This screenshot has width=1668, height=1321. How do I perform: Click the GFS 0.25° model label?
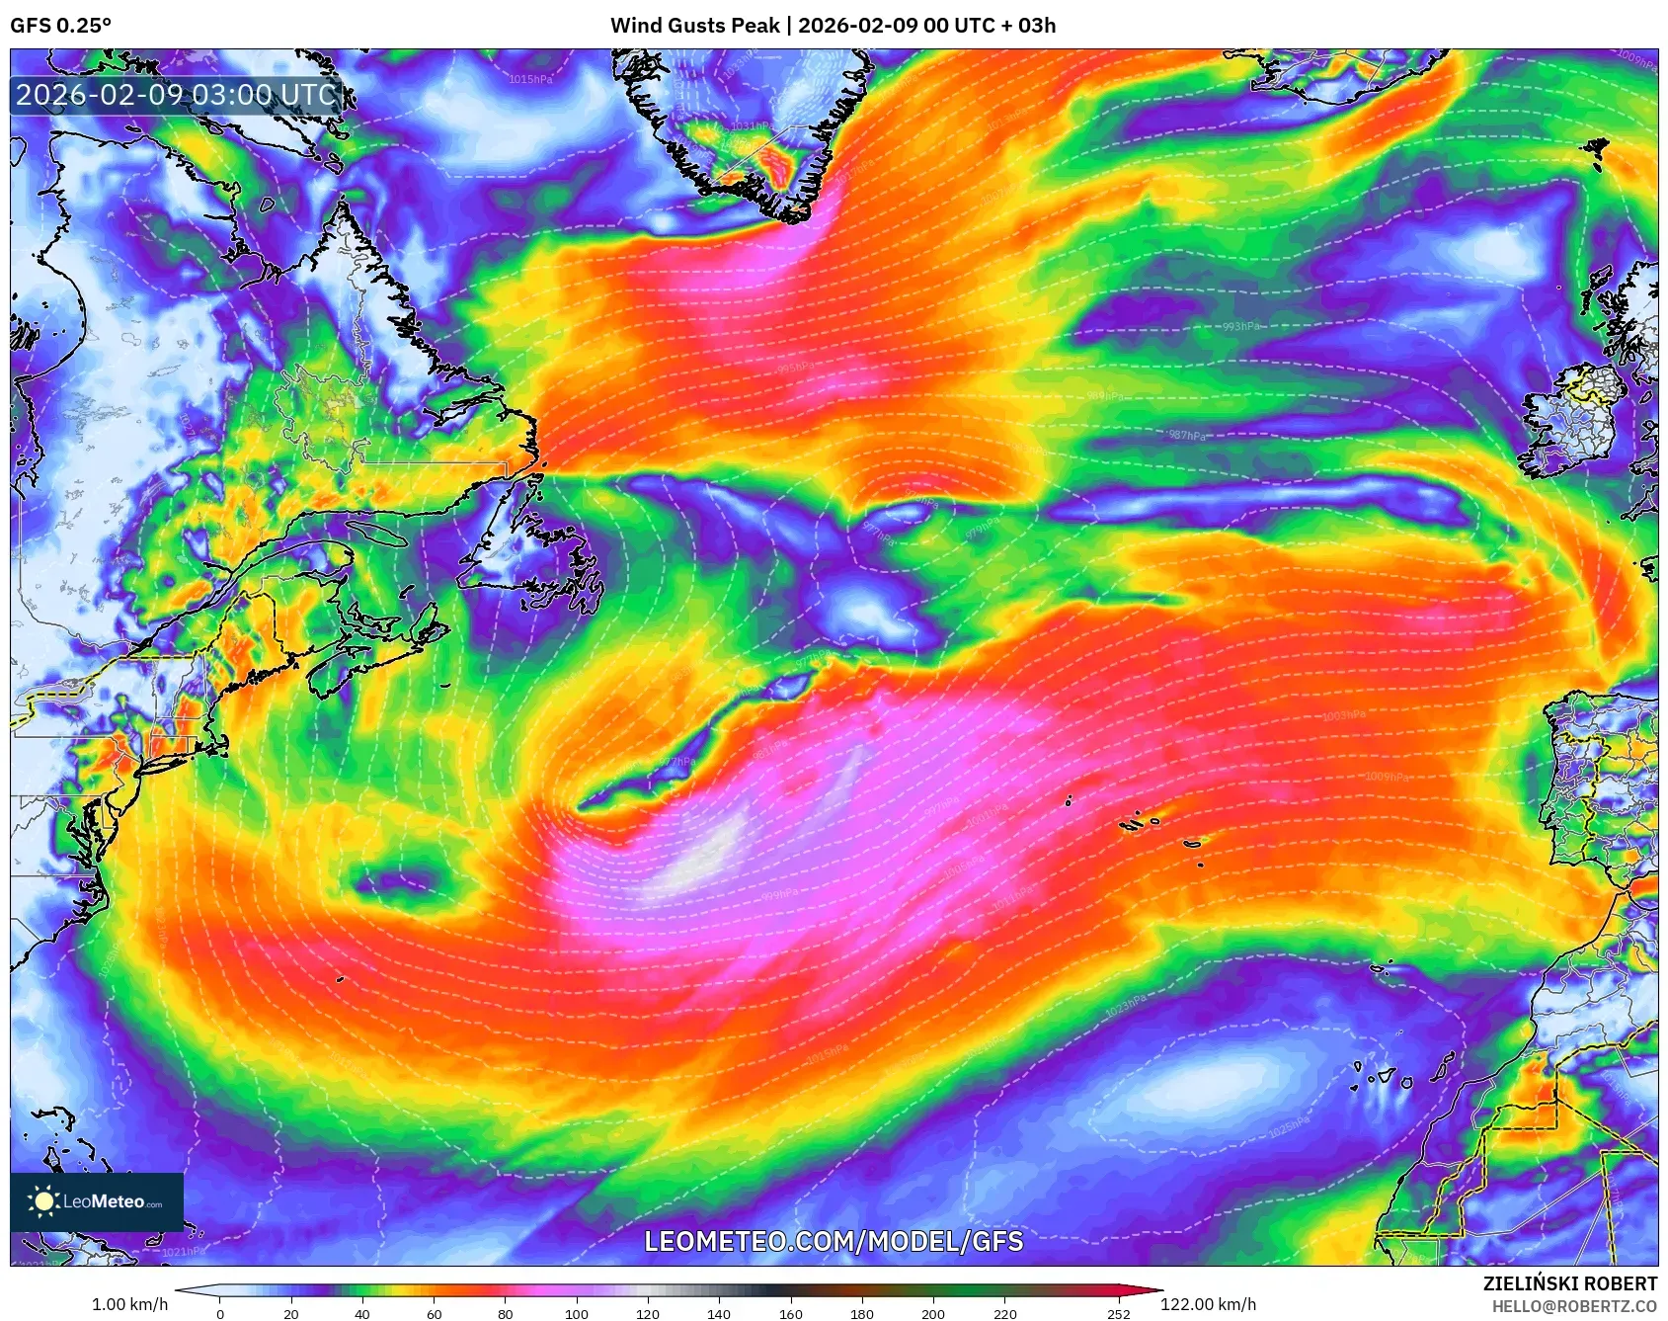click(x=60, y=25)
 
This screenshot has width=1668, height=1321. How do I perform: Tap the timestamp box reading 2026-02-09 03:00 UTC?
click(x=176, y=95)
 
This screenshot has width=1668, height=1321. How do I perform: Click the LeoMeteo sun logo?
click(x=43, y=1201)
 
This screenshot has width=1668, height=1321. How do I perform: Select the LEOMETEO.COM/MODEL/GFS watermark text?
click(x=834, y=1241)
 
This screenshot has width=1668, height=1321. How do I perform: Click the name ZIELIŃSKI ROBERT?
click(x=1569, y=1283)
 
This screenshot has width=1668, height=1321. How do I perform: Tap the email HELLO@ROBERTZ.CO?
click(x=1573, y=1306)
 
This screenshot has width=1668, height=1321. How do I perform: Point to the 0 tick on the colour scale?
click(x=219, y=1313)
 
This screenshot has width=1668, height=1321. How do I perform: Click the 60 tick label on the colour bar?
click(x=434, y=1313)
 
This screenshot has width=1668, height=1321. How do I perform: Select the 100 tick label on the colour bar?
click(x=576, y=1313)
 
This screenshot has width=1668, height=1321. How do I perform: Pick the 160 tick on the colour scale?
click(x=790, y=1313)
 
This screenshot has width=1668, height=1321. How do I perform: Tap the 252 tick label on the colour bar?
click(x=1118, y=1313)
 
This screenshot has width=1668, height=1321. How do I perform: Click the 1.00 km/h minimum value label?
click(x=129, y=1304)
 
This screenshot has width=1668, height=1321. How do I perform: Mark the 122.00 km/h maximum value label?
click(x=1208, y=1304)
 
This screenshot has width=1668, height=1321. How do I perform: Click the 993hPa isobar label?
click(x=1240, y=327)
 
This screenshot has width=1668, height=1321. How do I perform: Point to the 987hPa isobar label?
click(x=1186, y=436)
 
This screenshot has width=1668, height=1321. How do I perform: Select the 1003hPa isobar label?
click(x=1344, y=715)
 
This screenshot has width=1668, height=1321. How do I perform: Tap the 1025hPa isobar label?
click(x=1289, y=1125)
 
